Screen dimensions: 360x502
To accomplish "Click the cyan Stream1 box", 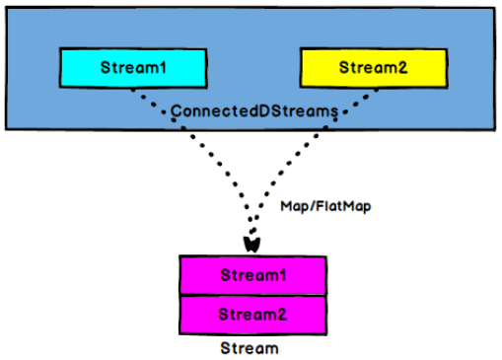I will pos(131,68).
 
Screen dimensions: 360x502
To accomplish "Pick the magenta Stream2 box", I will pos(252,314).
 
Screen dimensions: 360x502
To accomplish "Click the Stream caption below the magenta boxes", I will pos(251,348).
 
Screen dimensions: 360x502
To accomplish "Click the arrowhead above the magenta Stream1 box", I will pos(251,242).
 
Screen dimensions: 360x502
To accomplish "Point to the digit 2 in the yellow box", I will pos(397,68).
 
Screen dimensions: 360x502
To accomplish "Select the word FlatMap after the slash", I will pos(332,209).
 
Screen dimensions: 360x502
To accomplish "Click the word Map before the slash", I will pos(292,209).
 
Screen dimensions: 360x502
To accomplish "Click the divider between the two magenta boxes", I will pos(252,294).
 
